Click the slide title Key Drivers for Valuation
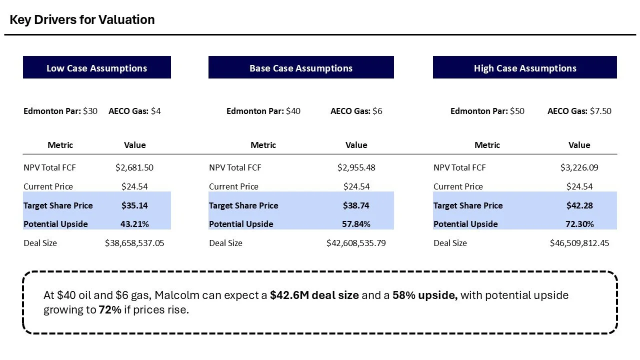(82, 20)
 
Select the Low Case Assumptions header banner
(96, 68)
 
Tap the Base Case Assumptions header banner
(300, 68)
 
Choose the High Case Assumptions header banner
(524, 68)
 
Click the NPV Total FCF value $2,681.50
(134, 167)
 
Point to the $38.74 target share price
(356, 205)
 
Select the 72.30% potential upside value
(579, 224)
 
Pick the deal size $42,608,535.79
(356, 243)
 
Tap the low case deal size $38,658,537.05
(134, 243)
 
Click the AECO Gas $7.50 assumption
(579, 111)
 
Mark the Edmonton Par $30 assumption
(60, 111)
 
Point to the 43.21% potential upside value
(134, 224)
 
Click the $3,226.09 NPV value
(579, 167)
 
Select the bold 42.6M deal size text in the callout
(314, 295)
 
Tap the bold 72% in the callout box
(109, 309)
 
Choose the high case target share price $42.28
(579, 205)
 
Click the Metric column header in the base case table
(263, 145)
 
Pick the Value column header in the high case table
(579, 145)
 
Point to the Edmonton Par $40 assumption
(263, 111)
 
